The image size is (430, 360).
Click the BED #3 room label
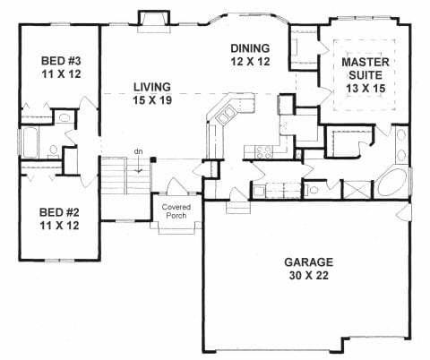(61, 67)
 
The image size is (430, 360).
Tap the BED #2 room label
(59, 219)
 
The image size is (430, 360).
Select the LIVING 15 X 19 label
(152, 93)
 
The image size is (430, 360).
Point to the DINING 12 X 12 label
(250, 55)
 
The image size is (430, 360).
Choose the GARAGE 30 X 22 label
(308, 269)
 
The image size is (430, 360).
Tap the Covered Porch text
(176, 211)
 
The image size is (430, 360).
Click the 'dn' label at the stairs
(138, 151)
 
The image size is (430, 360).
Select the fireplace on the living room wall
(154, 21)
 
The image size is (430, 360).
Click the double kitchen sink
(226, 116)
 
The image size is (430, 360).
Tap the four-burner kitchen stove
(264, 152)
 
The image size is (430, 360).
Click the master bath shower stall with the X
(357, 189)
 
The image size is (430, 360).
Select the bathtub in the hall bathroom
(30, 142)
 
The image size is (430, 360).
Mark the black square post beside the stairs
(153, 159)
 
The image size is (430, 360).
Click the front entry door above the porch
(177, 186)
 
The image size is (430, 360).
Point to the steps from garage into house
(237, 208)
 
